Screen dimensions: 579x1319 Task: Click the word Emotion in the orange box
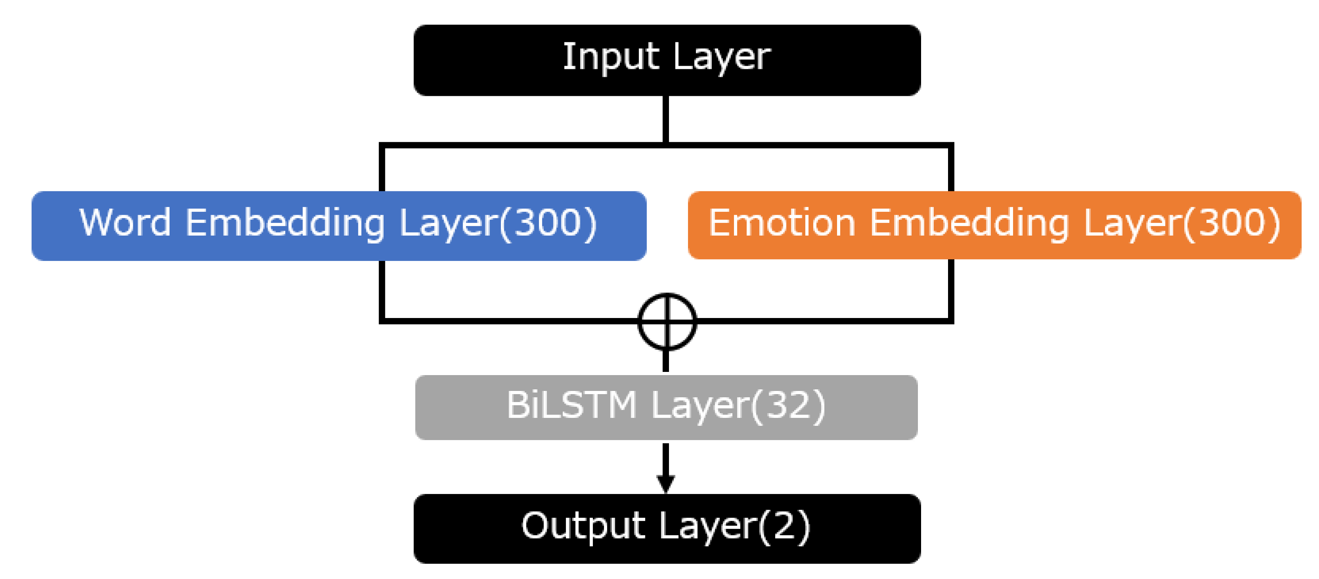(x=781, y=222)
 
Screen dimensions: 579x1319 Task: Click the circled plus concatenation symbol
(x=667, y=321)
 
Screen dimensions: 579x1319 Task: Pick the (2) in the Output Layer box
(x=784, y=526)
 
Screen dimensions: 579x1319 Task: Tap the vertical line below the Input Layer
(x=666, y=119)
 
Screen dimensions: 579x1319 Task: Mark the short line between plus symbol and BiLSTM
(x=666, y=361)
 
